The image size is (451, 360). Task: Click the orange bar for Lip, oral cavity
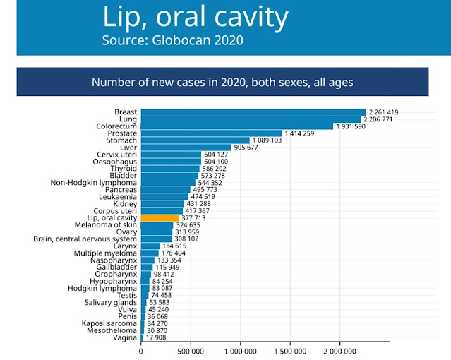[160, 218]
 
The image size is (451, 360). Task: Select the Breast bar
[253, 112]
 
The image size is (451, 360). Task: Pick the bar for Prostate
[211, 133]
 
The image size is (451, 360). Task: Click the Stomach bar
[195, 140]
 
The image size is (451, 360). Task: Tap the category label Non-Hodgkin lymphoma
[94, 183]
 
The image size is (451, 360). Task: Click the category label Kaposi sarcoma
[109, 324]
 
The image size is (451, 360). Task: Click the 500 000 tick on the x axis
[191, 351]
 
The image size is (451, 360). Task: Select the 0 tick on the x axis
[141, 351]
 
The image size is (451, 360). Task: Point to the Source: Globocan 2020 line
[172, 40]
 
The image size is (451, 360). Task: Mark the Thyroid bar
[171, 169]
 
